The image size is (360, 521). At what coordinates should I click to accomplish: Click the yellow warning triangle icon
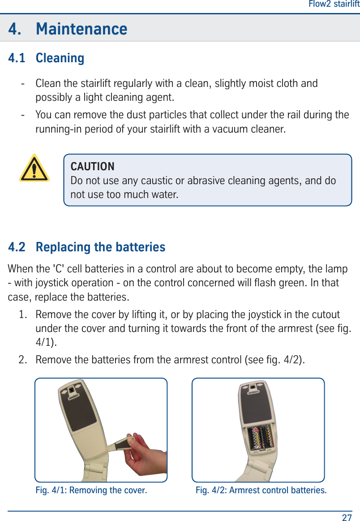click(x=34, y=169)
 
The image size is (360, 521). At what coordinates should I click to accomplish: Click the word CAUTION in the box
click(x=93, y=167)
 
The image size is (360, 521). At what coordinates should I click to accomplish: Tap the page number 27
click(x=347, y=517)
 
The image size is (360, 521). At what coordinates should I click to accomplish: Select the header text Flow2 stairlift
click(x=334, y=4)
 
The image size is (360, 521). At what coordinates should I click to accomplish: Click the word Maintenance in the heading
click(x=81, y=29)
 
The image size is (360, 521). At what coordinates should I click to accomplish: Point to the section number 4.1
click(x=17, y=58)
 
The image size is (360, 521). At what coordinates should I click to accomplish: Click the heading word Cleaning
click(x=60, y=58)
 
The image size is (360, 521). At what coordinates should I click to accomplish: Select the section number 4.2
click(x=17, y=247)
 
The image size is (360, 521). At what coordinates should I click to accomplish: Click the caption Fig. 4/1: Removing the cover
click(x=91, y=490)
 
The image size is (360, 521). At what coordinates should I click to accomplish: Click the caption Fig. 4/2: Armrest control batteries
click(x=261, y=490)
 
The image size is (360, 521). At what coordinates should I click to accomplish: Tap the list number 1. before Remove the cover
click(x=25, y=314)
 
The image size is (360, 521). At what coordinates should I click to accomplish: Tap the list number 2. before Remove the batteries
click(x=25, y=359)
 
